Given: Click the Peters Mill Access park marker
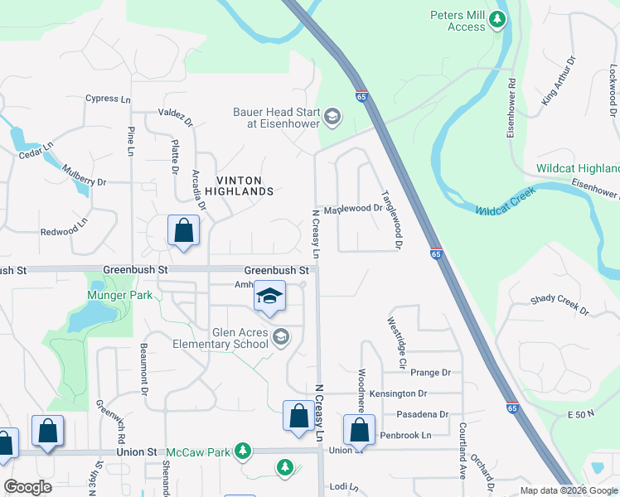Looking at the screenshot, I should pos(497,19).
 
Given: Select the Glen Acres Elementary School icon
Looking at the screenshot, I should pos(281,336).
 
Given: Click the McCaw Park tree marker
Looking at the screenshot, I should pos(243,451).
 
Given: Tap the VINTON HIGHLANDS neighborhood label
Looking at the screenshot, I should pos(245,186).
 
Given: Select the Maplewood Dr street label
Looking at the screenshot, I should pos(352,209).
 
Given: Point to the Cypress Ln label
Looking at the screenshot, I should pos(108,99).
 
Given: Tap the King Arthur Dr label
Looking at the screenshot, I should pos(558,81).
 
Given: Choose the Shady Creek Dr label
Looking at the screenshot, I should pos(559,305).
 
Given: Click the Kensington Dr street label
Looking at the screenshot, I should pos(399,393).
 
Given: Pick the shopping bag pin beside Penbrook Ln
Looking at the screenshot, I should pos(359,430).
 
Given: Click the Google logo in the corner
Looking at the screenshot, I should pos(28,487).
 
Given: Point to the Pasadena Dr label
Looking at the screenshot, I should pos(422,414).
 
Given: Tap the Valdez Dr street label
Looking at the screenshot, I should pos(176,117).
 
